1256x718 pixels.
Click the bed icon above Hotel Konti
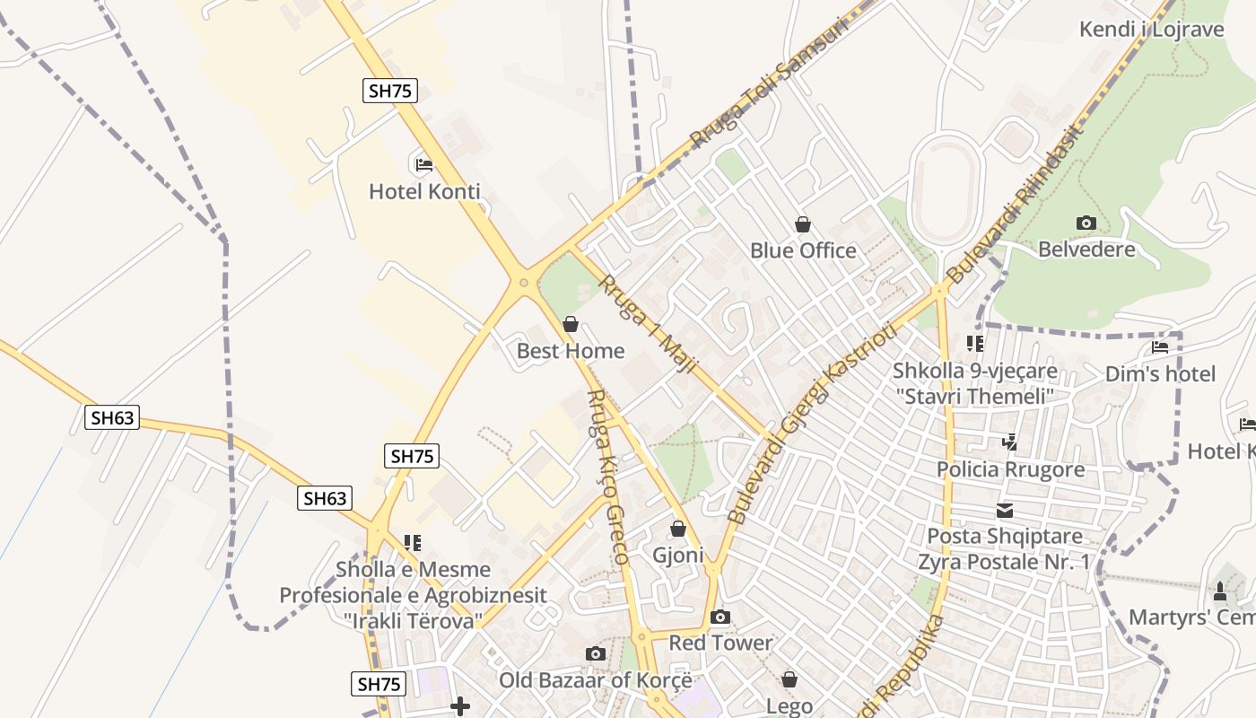(424, 164)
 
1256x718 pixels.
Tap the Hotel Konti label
(424, 191)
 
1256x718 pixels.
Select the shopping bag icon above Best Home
(571, 324)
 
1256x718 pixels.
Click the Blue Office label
(803, 250)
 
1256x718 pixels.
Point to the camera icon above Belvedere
(1086, 223)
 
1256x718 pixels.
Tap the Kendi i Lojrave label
(1151, 30)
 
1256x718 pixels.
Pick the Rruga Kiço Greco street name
(607, 476)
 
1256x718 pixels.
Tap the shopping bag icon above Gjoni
(678, 529)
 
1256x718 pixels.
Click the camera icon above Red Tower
(720, 617)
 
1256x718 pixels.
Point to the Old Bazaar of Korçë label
(596, 680)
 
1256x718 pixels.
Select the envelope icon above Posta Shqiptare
(1004, 511)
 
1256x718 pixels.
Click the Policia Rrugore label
(1010, 469)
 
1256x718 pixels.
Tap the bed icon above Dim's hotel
(1160, 347)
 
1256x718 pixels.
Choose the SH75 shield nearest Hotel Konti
(390, 91)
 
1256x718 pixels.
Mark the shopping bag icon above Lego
(789, 679)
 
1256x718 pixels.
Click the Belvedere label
(1086, 250)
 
